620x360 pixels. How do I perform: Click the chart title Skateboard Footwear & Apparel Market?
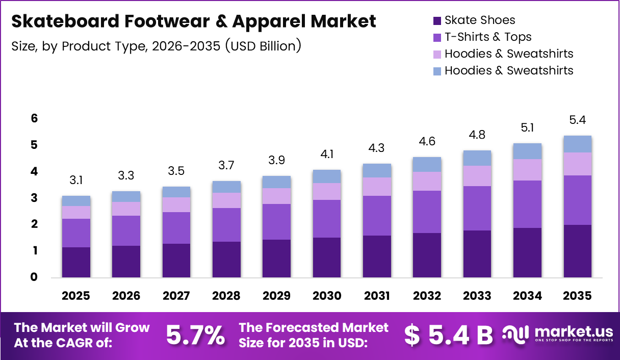[193, 21]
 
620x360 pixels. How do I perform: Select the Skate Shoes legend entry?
[479, 20]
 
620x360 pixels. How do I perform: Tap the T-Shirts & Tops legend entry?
[487, 37]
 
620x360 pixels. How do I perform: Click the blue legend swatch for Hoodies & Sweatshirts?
[437, 71]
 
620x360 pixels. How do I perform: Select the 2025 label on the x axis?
[76, 296]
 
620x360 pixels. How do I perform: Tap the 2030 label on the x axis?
[327, 296]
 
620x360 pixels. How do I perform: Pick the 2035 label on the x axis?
[578, 296]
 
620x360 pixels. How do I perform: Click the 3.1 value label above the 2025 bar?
[76, 180]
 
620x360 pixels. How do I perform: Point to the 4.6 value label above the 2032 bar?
[427, 141]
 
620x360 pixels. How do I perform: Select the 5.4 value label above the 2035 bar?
[578, 120]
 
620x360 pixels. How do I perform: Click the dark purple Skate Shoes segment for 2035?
[578, 251]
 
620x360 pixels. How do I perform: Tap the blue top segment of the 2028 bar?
[226, 187]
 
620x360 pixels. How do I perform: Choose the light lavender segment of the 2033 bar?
[477, 176]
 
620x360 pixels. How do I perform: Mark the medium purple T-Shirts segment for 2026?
[126, 230]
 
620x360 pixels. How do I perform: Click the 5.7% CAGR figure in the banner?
[195, 335]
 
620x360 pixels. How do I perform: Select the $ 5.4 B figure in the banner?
[449, 335]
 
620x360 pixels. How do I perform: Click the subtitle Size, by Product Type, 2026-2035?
[156, 46]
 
